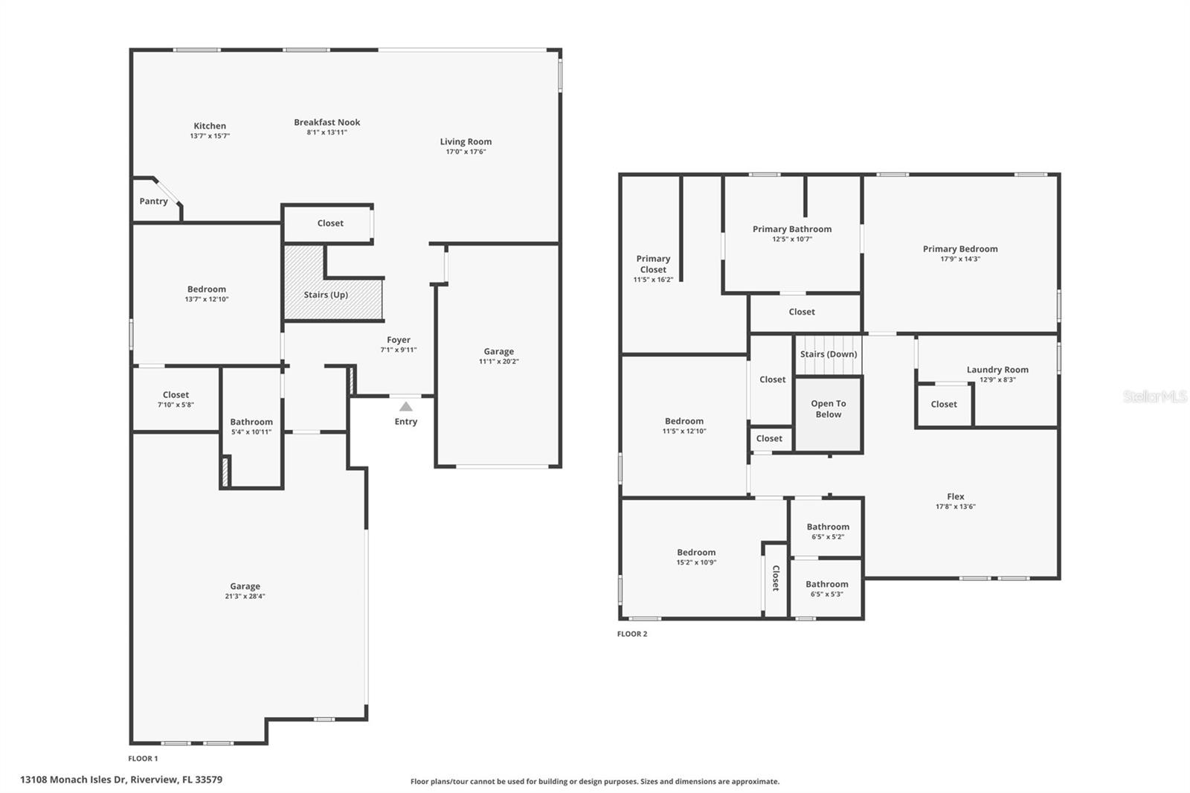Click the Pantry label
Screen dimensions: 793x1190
click(x=154, y=202)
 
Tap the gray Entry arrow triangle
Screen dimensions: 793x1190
click(x=405, y=407)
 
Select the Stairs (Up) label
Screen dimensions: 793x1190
click(x=326, y=295)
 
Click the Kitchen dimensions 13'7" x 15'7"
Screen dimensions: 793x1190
click(x=210, y=136)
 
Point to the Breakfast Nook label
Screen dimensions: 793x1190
click(x=327, y=122)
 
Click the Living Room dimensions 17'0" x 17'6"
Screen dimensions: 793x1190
click(x=466, y=152)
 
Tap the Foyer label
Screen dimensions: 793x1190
click(x=399, y=340)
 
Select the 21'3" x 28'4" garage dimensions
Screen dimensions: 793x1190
click(x=245, y=596)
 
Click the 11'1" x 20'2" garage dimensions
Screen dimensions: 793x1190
click(x=498, y=362)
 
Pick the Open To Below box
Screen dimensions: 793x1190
click(x=829, y=414)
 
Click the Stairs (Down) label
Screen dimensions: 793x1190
click(x=829, y=354)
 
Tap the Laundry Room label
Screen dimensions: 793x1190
click(x=997, y=370)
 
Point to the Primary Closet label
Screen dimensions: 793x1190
click(x=653, y=264)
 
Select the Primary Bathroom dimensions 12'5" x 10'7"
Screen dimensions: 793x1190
click(x=791, y=240)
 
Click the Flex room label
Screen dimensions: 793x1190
click(x=956, y=496)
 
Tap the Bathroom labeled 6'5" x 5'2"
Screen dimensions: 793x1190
click(x=828, y=530)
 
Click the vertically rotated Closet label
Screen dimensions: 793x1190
click(x=776, y=578)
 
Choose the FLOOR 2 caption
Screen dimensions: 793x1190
click(x=632, y=634)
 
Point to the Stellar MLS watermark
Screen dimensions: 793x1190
click(x=1154, y=396)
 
